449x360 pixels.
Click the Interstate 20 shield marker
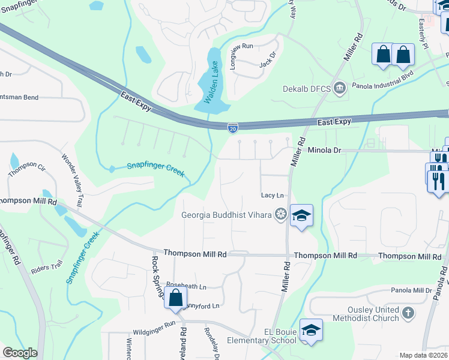tap(233, 127)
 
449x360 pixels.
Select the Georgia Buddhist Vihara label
tap(227, 214)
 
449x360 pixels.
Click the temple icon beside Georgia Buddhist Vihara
tap(280, 214)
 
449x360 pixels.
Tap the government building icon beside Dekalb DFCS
tap(340, 89)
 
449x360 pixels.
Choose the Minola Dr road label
tap(324, 151)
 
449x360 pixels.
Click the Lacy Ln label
tap(272, 196)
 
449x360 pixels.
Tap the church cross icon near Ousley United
tap(408, 313)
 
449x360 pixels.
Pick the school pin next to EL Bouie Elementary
tap(312, 331)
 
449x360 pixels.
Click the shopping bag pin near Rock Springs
tap(175, 298)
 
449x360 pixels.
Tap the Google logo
tap(20, 353)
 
